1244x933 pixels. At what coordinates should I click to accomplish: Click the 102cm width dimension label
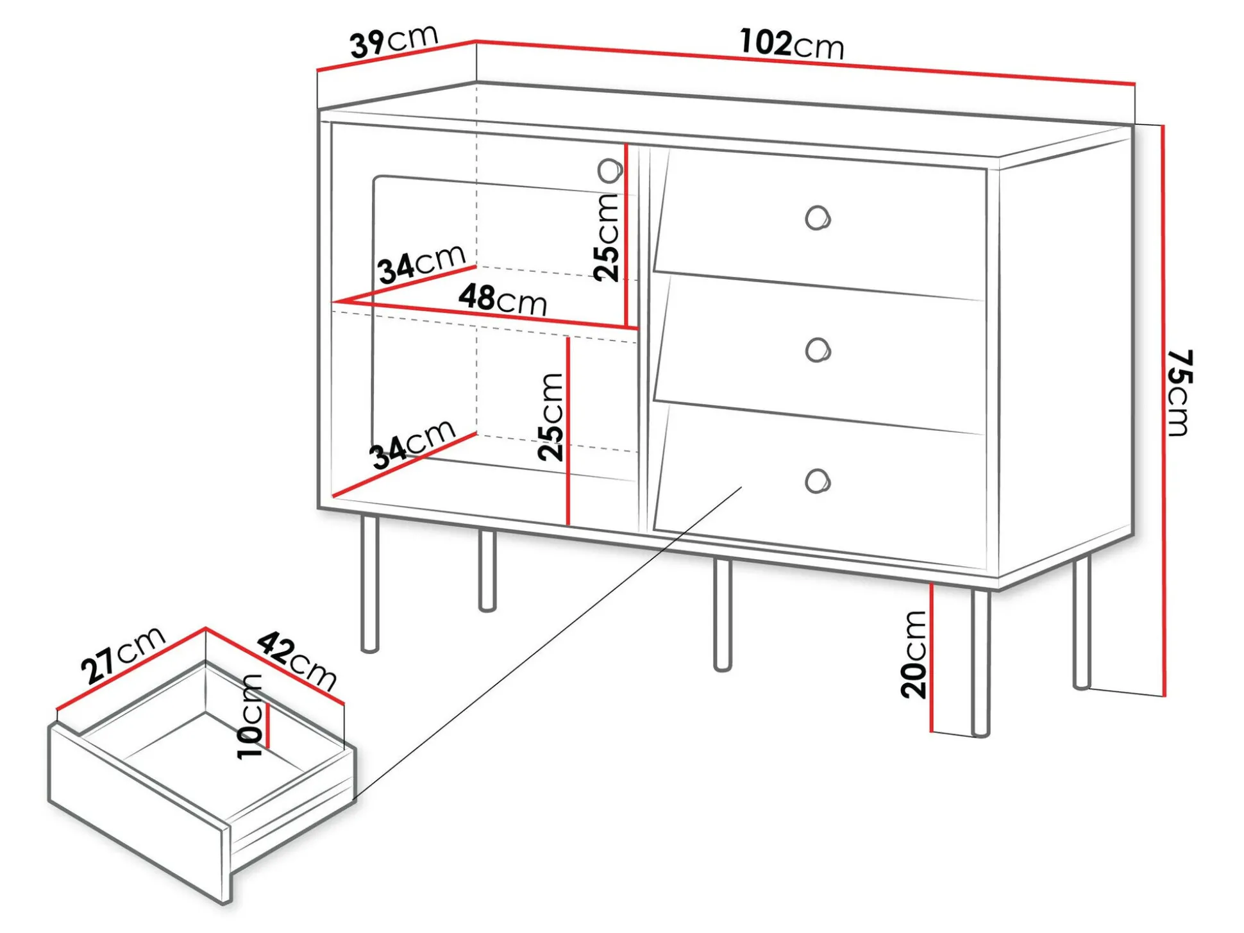pyautogui.click(x=792, y=44)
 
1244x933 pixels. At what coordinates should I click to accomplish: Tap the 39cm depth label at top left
pyautogui.click(x=394, y=41)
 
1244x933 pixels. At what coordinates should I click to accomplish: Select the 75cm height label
pyautogui.click(x=1179, y=392)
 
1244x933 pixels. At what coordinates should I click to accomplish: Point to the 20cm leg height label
pyautogui.click(x=914, y=654)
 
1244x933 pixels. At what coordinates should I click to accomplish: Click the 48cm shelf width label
pyautogui.click(x=503, y=299)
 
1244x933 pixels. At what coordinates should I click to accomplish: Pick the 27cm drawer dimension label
pyautogui.click(x=123, y=654)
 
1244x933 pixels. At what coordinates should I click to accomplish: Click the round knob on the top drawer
pyautogui.click(x=818, y=218)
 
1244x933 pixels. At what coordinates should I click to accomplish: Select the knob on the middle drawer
pyautogui.click(x=818, y=350)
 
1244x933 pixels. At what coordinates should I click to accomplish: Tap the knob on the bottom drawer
pyautogui.click(x=818, y=481)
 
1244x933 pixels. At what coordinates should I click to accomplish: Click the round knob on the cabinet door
pyautogui.click(x=610, y=171)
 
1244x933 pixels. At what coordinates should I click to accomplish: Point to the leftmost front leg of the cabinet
pyautogui.click(x=370, y=584)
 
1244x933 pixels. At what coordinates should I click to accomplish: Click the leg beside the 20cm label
pyautogui.click(x=980, y=662)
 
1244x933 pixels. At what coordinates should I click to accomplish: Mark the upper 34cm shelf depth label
pyautogui.click(x=421, y=264)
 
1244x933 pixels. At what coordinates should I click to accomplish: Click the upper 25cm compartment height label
pyautogui.click(x=606, y=237)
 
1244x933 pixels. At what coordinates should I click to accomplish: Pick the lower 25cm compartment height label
pyautogui.click(x=551, y=417)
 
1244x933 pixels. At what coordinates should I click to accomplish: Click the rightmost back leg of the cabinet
pyautogui.click(x=1082, y=622)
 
